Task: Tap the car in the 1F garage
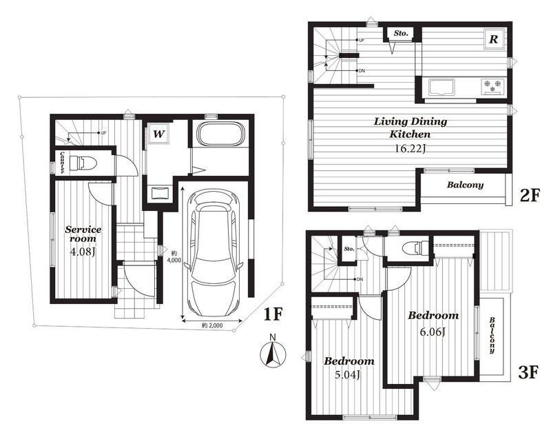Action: [x=214, y=254]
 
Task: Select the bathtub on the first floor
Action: [x=220, y=133]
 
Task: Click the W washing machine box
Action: [x=158, y=133]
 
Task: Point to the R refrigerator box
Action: [x=494, y=39]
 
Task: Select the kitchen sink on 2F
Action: [x=441, y=88]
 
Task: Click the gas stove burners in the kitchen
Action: [x=492, y=86]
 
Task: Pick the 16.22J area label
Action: [x=410, y=148]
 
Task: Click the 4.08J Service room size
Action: [x=83, y=252]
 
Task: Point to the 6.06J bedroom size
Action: [x=433, y=332]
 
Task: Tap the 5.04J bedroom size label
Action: [x=348, y=375]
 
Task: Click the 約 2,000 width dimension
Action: [x=212, y=325]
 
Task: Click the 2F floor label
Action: [x=528, y=196]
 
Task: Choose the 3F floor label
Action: [x=528, y=372]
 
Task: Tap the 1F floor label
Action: [x=273, y=314]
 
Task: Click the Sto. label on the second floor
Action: [x=401, y=33]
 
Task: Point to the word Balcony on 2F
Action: [x=465, y=185]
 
